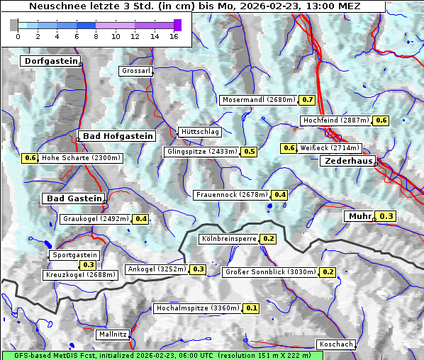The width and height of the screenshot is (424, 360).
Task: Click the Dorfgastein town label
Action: point(50,62)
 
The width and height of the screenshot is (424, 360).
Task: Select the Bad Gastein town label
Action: point(74,198)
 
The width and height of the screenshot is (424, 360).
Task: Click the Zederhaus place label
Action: point(347,162)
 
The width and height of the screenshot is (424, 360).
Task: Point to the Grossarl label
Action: point(135,72)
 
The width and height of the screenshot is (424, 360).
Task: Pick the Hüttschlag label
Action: point(200,132)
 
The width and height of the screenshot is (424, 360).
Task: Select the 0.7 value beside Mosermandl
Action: point(308,100)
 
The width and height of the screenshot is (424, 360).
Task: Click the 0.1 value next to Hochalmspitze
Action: point(252,308)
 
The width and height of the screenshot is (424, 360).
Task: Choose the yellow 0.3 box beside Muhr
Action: point(387,216)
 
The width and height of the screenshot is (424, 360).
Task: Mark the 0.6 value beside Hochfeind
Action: point(381,120)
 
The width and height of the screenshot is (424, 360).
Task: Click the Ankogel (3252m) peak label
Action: point(156,269)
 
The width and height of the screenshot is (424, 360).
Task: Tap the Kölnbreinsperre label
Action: point(228,240)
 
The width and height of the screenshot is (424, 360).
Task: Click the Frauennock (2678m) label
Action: point(231,195)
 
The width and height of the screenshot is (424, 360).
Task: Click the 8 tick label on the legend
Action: point(96,36)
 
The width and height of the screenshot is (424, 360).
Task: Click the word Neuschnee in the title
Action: point(55,6)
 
